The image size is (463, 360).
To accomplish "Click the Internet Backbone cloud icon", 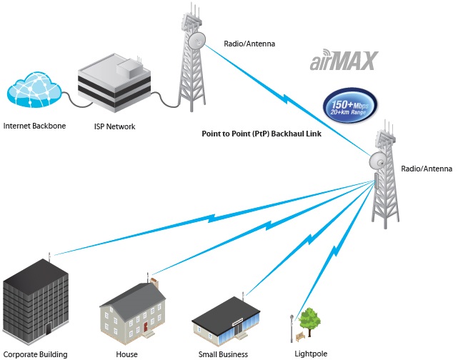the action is [34, 90].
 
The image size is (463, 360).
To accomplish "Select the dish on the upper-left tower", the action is [197, 41].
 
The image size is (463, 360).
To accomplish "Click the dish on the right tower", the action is [378, 161].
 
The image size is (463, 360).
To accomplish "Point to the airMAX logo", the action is [344, 60].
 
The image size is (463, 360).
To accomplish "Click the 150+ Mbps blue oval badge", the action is [350, 105].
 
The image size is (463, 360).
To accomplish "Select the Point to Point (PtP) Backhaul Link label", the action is [262, 134].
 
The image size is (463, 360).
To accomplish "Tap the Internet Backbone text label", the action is [34, 126].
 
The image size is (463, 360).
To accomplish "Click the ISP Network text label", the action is [114, 126].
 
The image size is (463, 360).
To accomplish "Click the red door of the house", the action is [145, 327].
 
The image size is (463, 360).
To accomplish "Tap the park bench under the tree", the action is [300, 336].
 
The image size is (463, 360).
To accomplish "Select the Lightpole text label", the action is [311, 354].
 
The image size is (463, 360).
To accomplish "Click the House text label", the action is [126, 354].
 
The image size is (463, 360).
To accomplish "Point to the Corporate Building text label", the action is [36, 354].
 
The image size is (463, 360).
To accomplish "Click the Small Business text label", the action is [223, 354].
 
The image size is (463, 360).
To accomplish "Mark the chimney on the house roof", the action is [154, 283].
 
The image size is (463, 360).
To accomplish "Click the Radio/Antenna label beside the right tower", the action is [427, 169].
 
